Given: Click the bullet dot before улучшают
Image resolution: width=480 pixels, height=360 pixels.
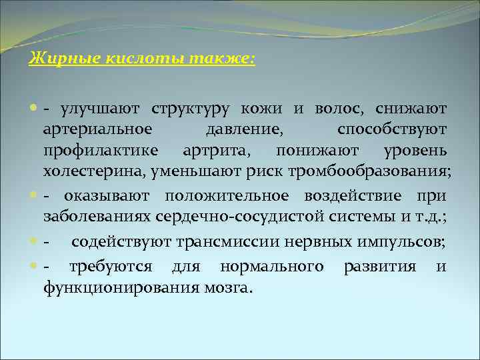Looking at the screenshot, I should click(x=34, y=109).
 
